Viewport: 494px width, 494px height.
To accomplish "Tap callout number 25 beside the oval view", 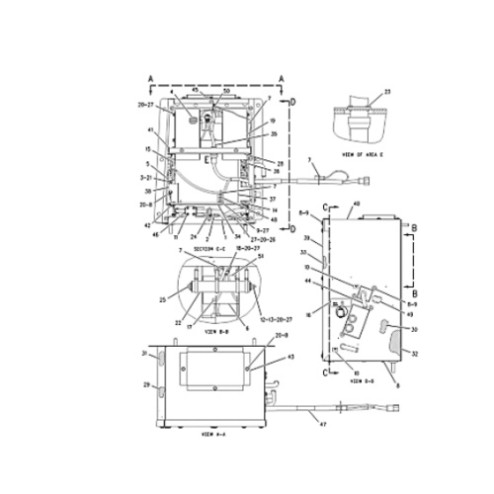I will tap(161, 298).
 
